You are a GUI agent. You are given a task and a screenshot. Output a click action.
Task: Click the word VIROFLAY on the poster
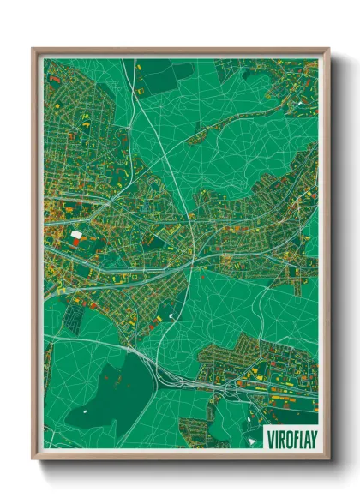pos(291,434)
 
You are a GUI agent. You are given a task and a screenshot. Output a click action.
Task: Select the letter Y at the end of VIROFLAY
pos(311,434)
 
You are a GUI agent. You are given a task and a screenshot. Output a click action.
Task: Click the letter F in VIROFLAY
pos(293,434)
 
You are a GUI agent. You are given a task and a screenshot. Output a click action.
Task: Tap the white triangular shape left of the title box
pos(255,437)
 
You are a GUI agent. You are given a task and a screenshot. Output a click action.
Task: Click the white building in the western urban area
pos(76,233)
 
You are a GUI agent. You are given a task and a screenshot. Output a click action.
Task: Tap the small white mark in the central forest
pos(171,317)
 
